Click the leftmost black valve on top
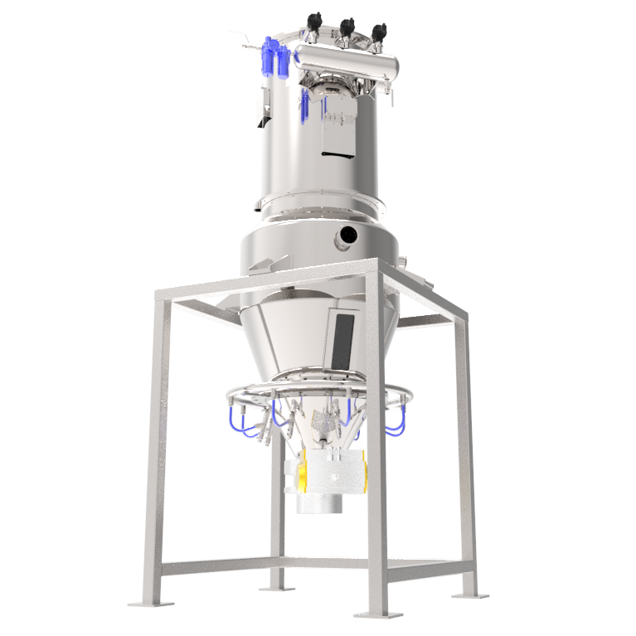point(314,22)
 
